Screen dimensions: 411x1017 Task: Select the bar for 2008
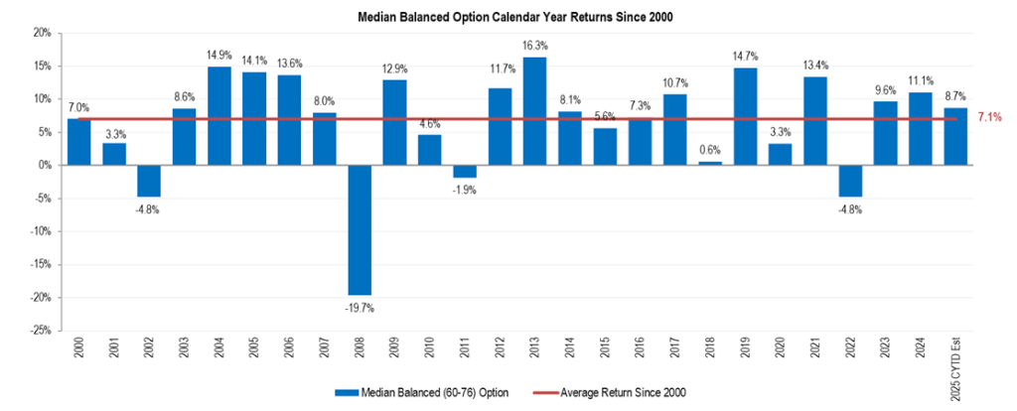(x=360, y=229)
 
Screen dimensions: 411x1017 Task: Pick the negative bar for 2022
(x=851, y=181)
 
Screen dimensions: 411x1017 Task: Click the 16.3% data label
(x=535, y=45)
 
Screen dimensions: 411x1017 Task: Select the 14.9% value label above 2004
(x=219, y=55)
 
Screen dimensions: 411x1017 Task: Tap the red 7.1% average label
(x=989, y=118)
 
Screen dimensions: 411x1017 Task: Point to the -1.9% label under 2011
(x=465, y=190)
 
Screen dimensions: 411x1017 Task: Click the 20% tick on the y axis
(x=42, y=33)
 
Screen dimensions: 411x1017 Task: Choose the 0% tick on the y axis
(x=45, y=165)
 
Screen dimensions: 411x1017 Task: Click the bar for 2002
(x=149, y=181)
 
